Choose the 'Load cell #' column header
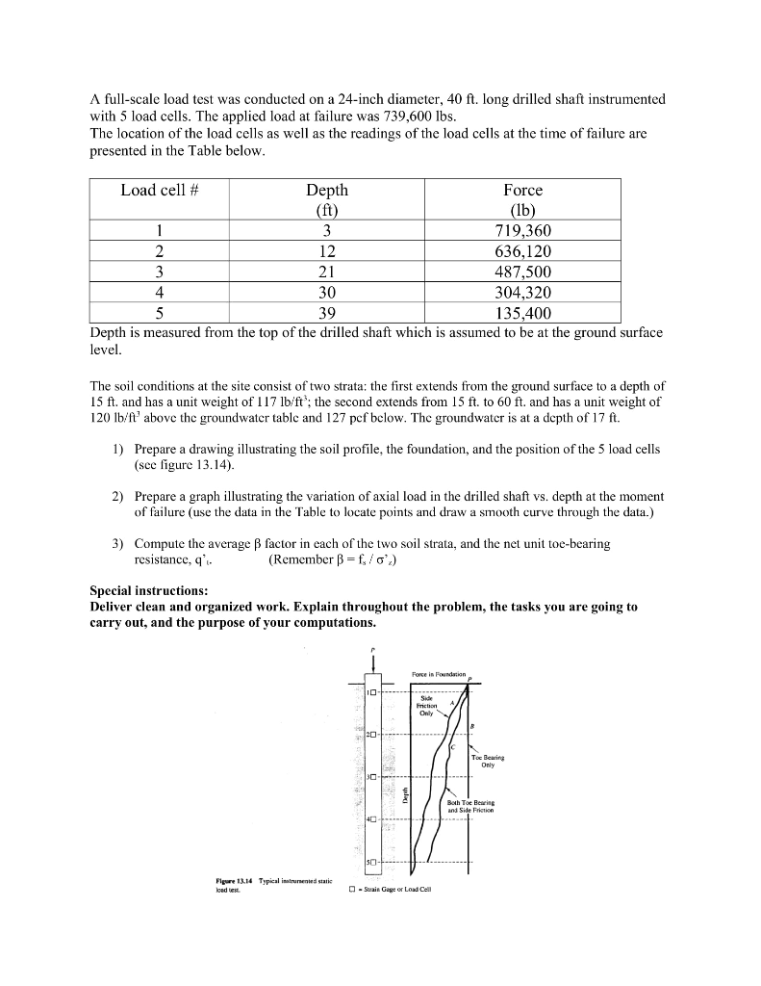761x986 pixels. [160, 190]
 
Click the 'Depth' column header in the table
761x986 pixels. [326, 190]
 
